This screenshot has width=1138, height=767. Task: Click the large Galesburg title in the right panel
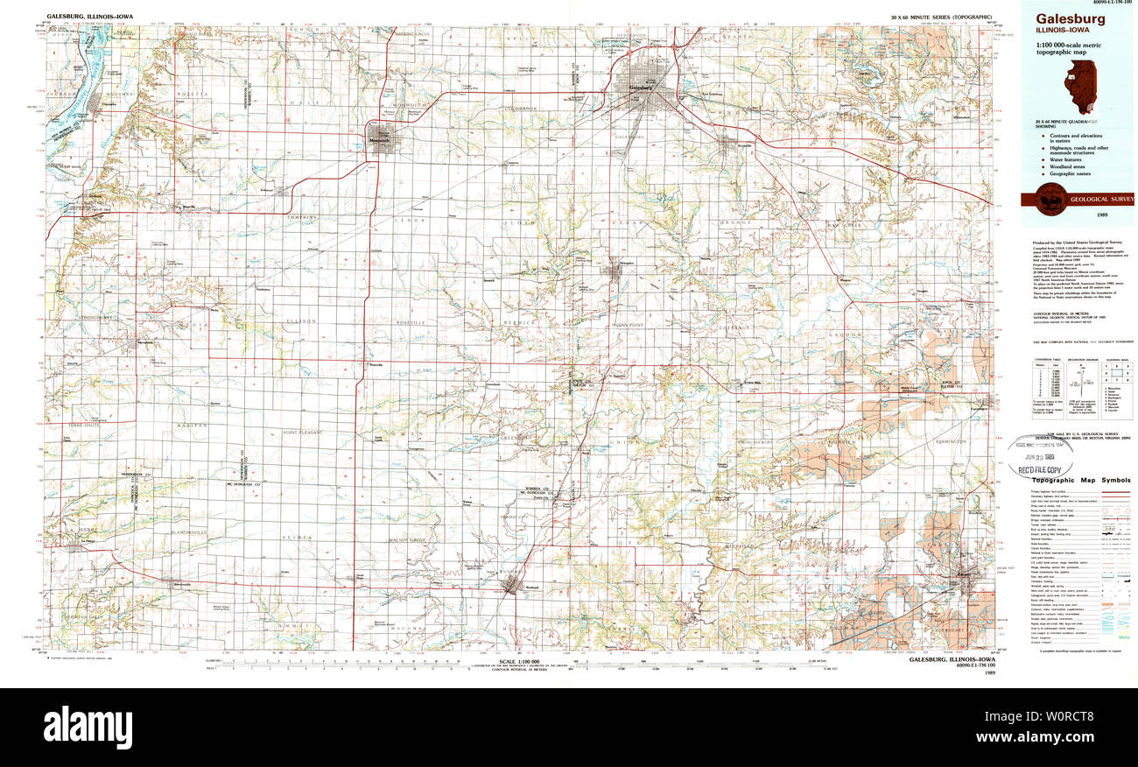coord(1071,18)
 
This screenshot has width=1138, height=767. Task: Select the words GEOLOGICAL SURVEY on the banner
coord(1100,200)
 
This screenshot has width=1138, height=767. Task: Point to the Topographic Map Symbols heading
coord(1080,480)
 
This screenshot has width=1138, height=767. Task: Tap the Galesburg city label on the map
coord(640,88)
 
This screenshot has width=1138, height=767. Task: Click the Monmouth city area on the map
coord(381,141)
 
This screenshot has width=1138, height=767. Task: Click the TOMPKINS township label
coord(301,216)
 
